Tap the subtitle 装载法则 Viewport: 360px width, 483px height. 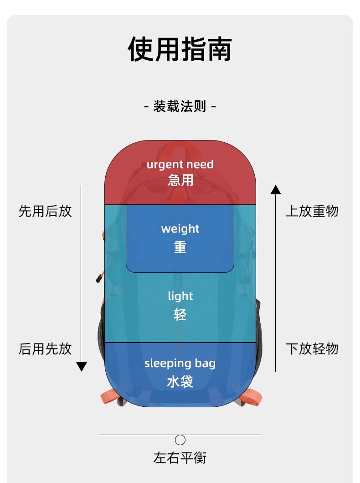pos(180,107)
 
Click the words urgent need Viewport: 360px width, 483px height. pos(180,164)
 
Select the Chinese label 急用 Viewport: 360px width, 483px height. pos(180,180)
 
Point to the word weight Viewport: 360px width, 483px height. pos(180,229)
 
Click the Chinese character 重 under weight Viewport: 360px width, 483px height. pos(180,247)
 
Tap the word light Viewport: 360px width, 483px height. pos(180,296)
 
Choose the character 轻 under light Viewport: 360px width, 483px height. pos(180,314)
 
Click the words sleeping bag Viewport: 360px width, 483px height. pos(180,364)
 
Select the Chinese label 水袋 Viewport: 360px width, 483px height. pos(180,381)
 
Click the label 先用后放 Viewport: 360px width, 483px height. pos(45,211)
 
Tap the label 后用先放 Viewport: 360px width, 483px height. pos(45,349)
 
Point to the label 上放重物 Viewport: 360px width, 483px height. pos(312,211)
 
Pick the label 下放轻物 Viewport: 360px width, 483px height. pos(312,349)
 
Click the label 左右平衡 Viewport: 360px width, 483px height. pos(180,457)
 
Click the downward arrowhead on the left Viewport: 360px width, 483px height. pos(82,366)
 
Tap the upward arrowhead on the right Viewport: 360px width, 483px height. pos(276,189)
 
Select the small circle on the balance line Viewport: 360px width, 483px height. pos(180,440)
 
